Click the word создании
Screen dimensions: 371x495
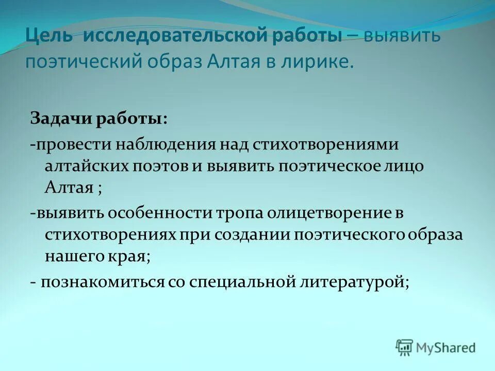pyautogui.click(x=255, y=234)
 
